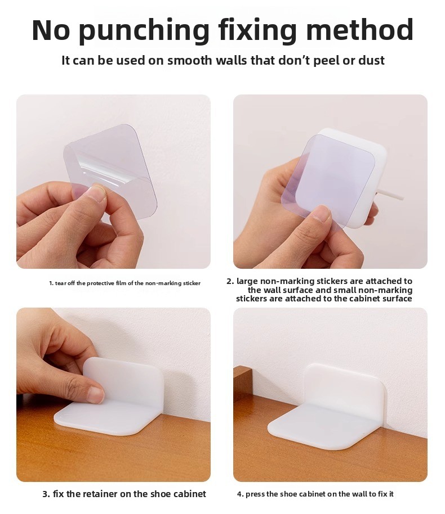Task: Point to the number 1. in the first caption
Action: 51,283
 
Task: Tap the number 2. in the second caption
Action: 230,281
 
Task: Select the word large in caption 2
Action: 247,282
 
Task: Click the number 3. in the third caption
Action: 46,494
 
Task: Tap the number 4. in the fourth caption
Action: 240,494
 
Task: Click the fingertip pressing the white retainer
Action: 96,395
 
